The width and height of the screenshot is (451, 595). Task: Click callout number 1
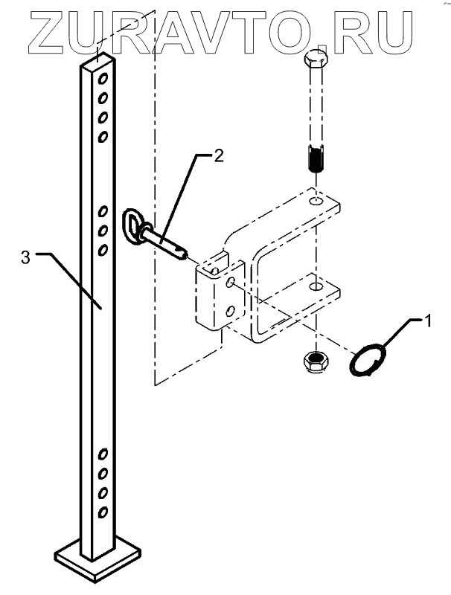click(x=427, y=321)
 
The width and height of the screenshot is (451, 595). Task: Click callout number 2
click(x=218, y=155)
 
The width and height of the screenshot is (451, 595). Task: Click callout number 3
click(x=25, y=257)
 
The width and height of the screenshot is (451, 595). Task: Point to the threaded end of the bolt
click(x=316, y=158)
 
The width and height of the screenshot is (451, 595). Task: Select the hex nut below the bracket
click(x=316, y=361)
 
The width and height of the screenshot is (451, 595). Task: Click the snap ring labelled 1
click(x=368, y=359)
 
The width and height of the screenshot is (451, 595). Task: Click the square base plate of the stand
click(x=97, y=562)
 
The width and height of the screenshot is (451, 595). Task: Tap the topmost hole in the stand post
click(x=103, y=79)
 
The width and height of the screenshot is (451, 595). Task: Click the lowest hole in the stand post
click(x=103, y=513)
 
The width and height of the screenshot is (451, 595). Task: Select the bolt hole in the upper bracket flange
click(x=316, y=201)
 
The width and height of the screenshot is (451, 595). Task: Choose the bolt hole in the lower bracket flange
click(x=316, y=286)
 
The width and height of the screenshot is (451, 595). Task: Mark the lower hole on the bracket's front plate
click(x=230, y=312)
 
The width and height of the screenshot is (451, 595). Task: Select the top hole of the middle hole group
click(x=103, y=211)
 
